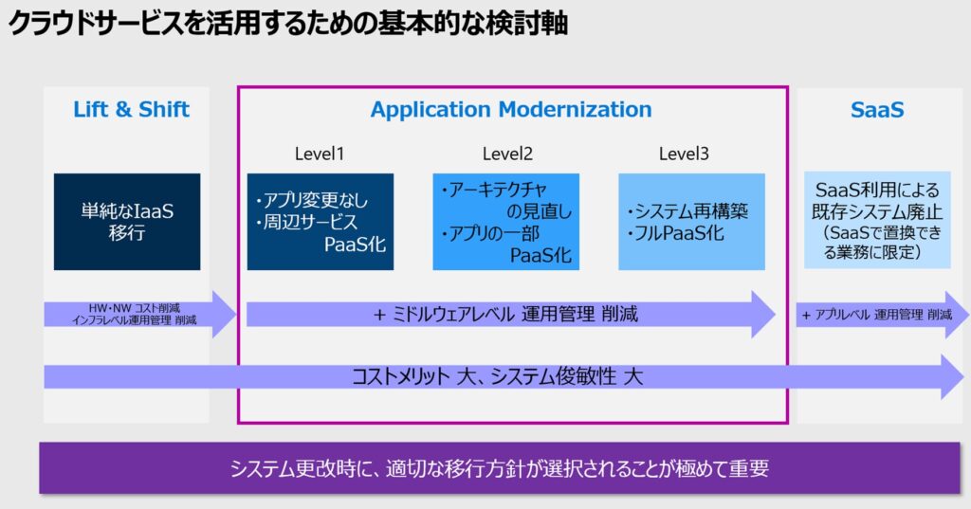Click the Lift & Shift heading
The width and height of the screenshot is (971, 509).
pyautogui.click(x=131, y=109)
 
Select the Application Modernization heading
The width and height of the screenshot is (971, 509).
pyautogui.click(x=511, y=109)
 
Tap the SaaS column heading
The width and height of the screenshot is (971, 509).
pyautogui.click(x=877, y=109)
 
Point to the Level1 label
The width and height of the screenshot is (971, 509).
pyautogui.click(x=320, y=154)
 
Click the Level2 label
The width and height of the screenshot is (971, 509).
pyautogui.click(x=507, y=154)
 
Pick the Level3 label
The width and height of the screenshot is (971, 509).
pyautogui.click(x=684, y=154)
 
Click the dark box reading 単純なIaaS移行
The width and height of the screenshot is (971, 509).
pyautogui.click(x=127, y=222)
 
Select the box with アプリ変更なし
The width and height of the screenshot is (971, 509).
pyautogui.click(x=321, y=222)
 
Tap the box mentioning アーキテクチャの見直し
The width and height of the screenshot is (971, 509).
pyautogui.click(x=506, y=222)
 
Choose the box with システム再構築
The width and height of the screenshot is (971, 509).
pyautogui.click(x=691, y=222)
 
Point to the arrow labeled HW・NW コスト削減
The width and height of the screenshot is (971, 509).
pyautogui.click(x=134, y=315)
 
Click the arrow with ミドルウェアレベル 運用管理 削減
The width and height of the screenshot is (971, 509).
pyautogui.click(x=506, y=315)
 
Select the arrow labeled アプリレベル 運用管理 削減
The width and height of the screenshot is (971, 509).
pyautogui.click(x=877, y=315)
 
